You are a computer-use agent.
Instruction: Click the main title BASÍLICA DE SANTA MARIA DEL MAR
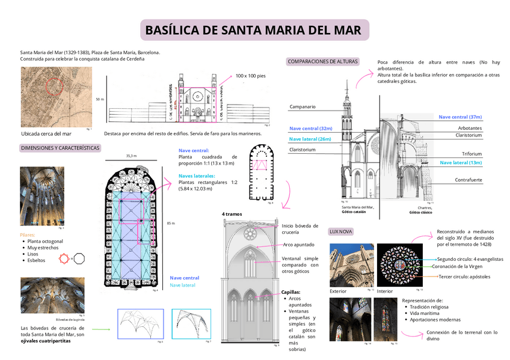[254, 30]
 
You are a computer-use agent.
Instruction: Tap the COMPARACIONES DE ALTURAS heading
[322, 61]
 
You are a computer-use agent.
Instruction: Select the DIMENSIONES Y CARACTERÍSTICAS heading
[60, 148]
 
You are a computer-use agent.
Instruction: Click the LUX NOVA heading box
[341, 231]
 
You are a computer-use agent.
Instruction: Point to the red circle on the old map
[55, 87]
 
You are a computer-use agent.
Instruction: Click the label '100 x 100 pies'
[250, 76]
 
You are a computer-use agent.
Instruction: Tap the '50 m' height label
[100, 99]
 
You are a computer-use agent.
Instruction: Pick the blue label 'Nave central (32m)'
[310, 129]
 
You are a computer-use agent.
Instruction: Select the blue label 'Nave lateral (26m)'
[310, 139]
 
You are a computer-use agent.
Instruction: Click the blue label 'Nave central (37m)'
[460, 117]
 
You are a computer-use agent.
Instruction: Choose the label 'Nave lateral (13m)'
[461, 163]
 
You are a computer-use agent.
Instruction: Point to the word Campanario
[303, 107]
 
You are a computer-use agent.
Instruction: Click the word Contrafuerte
[469, 180]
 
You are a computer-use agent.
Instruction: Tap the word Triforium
[472, 154]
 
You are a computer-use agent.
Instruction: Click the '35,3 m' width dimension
[131, 156]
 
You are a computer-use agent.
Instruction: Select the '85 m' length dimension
[170, 223]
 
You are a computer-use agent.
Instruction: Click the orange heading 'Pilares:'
[28, 234]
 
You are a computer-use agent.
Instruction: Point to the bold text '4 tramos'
[232, 214]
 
